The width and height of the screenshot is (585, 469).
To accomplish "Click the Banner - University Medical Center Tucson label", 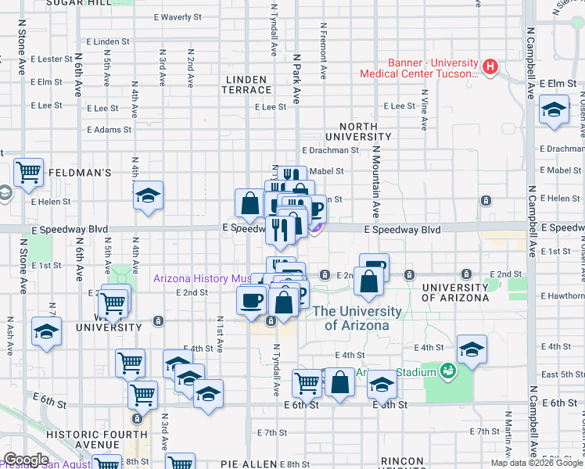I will pos(419,69).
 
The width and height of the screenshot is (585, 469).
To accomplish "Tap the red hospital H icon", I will pos(490,65).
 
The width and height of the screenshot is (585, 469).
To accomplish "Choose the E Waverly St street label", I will pos(176,16).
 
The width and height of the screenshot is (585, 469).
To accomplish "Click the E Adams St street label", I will pos(109,130).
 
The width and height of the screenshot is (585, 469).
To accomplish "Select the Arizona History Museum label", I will pos(202,278).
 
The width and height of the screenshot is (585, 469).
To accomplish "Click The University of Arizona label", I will pos(357,318).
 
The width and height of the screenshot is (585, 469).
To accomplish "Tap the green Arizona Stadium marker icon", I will pos(448,371).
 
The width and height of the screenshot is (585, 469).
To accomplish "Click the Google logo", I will pos(26,460).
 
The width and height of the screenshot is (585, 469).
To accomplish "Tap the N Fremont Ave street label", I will pos(323,51).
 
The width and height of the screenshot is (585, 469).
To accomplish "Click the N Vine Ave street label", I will pos(425,109).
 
